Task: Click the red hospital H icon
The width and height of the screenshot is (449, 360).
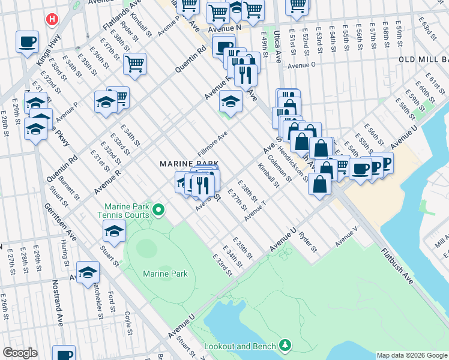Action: tap(53, 19)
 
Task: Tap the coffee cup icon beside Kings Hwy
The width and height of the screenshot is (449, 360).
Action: tap(27, 42)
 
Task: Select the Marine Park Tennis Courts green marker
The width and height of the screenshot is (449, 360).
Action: tap(158, 209)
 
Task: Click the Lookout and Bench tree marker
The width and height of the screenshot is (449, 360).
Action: tap(286, 345)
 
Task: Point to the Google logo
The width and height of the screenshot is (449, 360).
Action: tap(19, 353)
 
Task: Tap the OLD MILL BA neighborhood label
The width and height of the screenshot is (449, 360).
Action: tap(423, 61)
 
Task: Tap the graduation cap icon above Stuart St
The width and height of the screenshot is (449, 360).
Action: tap(114, 230)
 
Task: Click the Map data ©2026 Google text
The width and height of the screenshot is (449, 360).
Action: tap(411, 355)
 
